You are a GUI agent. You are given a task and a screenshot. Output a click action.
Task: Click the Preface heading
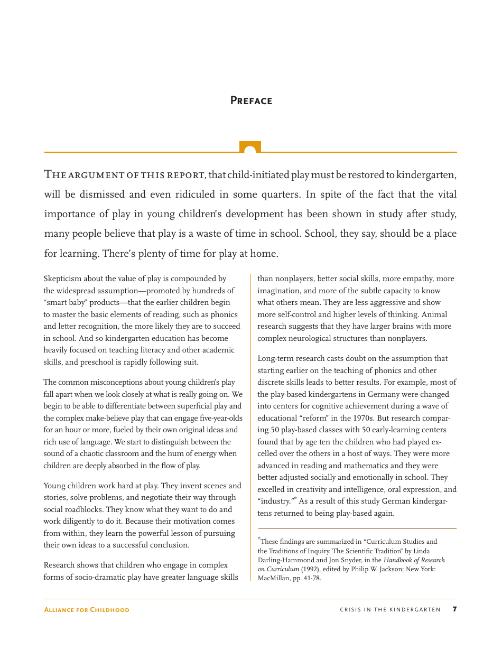coord(251,100)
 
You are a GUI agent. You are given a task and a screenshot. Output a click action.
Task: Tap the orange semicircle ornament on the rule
coord(250,148)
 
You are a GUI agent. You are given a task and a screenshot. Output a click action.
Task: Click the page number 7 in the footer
coord(454,609)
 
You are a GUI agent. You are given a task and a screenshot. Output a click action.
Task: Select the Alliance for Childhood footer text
coord(86,610)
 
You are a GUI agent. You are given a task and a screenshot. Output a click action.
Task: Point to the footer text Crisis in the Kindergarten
coord(390,610)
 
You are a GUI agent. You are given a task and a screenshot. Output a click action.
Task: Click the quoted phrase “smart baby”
coord(61,302)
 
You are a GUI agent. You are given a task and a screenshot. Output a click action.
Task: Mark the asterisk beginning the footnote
coord(259,539)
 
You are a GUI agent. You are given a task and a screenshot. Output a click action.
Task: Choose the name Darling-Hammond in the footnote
coord(285,560)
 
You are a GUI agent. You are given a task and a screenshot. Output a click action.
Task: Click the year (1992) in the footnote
coord(311,569)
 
